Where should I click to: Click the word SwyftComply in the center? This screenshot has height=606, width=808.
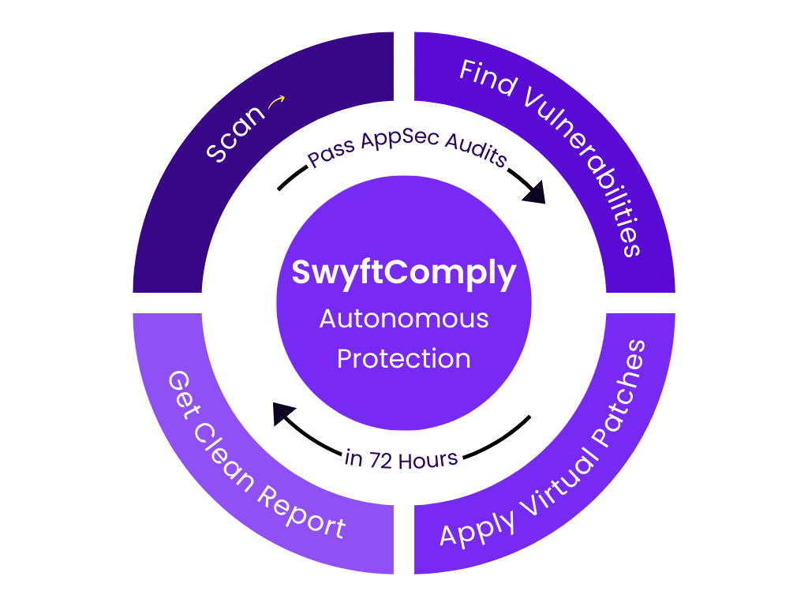coord(404,274)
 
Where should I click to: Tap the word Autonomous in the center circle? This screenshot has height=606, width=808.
coord(404,319)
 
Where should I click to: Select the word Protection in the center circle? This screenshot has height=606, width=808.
coord(404,358)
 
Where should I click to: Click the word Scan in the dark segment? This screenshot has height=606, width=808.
coord(236,133)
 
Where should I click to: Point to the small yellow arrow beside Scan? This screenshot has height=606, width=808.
coord(276,102)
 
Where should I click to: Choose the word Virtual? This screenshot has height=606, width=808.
coord(552,473)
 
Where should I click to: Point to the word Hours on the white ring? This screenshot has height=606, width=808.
coord(428,460)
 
